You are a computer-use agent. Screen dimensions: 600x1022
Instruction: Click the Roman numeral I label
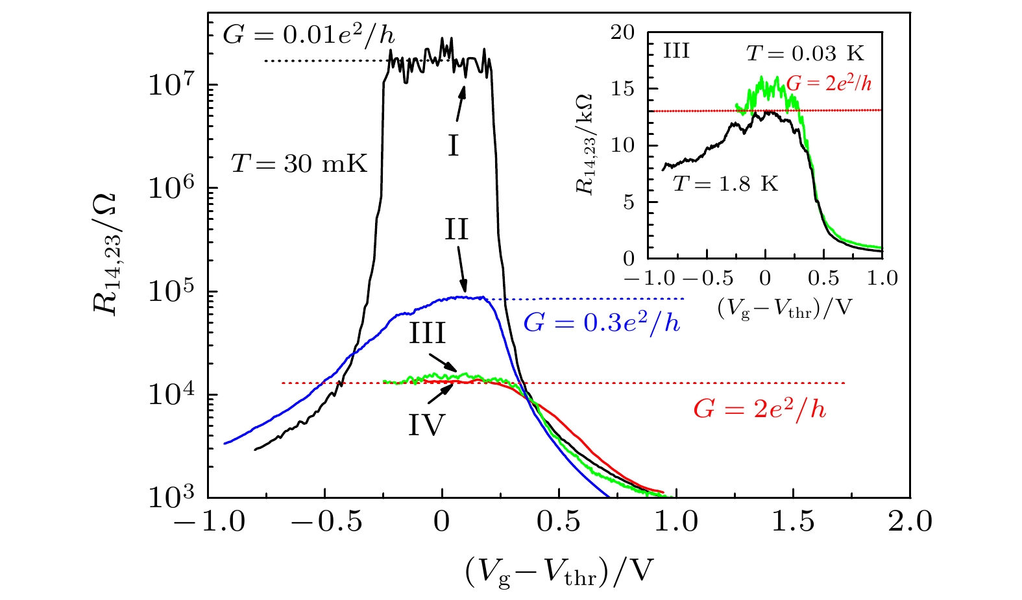pyautogui.click(x=453, y=146)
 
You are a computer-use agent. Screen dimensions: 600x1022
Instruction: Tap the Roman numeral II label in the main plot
pyautogui.click(x=456, y=230)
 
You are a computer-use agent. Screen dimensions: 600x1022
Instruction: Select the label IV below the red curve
pyautogui.click(x=426, y=426)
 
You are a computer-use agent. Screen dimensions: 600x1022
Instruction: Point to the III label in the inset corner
pyautogui.click(x=676, y=51)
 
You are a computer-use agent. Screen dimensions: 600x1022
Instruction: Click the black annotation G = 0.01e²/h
pyautogui.click(x=308, y=34)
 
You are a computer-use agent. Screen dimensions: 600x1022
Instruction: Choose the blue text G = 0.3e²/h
pyautogui.click(x=602, y=322)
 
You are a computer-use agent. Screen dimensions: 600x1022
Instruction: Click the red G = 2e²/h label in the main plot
pyautogui.click(x=760, y=409)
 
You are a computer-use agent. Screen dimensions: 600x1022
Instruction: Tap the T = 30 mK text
pyautogui.click(x=299, y=164)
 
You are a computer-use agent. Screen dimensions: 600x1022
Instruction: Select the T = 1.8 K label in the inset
pyautogui.click(x=725, y=184)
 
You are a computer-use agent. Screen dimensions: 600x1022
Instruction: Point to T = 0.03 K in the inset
pyautogui.click(x=805, y=53)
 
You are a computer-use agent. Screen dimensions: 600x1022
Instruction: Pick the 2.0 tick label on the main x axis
pyautogui.click(x=910, y=522)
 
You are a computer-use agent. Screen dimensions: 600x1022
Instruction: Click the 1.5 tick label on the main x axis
pyautogui.click(x=793, y=522)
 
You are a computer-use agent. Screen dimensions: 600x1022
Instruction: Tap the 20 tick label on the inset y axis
pyautogui.click(x=623, y=33)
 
